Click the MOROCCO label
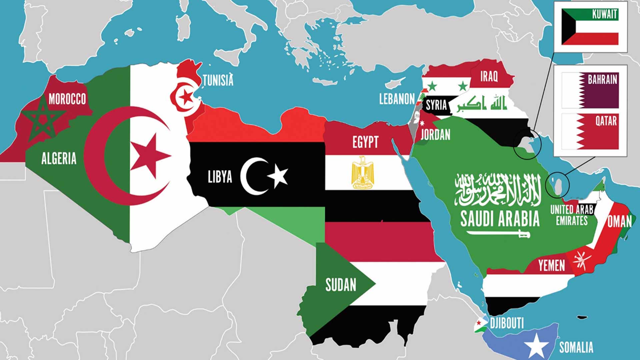point(67,99)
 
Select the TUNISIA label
point(218,80)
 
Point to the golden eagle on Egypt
point(363,172)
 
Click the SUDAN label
point(341,285)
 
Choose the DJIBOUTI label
point(507,323)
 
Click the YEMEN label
point(552,266)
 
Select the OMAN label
point(619,222)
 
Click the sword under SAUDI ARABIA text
point(499,233)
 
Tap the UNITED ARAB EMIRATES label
point(572,215)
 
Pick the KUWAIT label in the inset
point(605,14)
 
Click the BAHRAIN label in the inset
point(602,80)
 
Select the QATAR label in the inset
point(606,121)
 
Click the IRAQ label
point(489,76)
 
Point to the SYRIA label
point(436,105)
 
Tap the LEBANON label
point(397,99)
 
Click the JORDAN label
point(435,135)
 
